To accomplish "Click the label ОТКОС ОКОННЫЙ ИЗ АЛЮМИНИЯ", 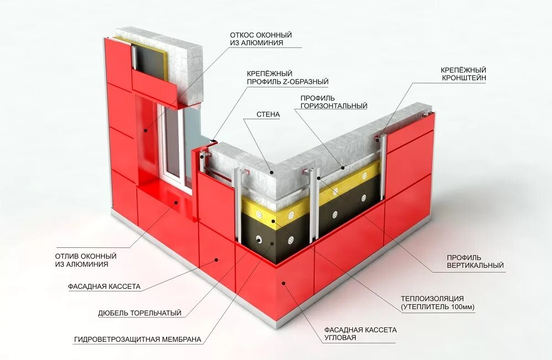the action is coord(261,39).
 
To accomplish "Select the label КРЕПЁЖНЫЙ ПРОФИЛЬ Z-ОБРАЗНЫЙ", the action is coord(287,77).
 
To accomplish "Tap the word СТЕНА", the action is coord(268,115).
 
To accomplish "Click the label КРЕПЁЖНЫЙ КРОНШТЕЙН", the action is coord(463,75).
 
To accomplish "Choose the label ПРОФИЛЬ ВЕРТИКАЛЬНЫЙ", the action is coord(475,261).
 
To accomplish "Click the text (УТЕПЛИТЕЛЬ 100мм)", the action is coord(438,306).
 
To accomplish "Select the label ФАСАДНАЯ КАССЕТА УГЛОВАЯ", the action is coord(360,333).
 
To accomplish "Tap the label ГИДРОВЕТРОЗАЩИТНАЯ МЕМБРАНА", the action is coord(137,339).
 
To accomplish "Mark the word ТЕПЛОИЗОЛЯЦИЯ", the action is coord(436,299).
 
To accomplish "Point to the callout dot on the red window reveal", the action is coord(145,131).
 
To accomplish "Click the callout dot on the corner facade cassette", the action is coord(284,284).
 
